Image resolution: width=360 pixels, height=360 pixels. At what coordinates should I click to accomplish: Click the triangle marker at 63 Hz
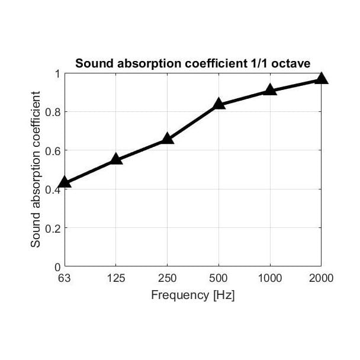(65, 182)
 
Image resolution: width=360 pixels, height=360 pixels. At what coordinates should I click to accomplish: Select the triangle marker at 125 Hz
(116, 159)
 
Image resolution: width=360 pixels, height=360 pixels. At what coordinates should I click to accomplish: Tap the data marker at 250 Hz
(168, 139)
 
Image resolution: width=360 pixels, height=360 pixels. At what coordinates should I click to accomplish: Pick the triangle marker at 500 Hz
(218, 104)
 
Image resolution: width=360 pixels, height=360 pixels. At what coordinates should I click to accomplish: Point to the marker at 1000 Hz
(270, 90)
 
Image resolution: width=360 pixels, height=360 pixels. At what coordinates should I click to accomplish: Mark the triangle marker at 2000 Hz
(321, 79)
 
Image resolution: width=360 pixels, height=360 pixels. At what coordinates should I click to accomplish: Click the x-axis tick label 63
(65, 278)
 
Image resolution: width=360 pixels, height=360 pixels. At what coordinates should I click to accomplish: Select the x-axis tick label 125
(116, 278)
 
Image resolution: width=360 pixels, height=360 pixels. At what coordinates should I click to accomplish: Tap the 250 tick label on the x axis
(168, 278)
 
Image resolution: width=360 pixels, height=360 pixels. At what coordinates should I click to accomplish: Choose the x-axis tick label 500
(218, 278)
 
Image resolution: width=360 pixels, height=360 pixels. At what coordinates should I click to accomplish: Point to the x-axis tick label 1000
(270, 278)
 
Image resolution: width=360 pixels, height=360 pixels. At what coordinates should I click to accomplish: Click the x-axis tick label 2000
(321, 278)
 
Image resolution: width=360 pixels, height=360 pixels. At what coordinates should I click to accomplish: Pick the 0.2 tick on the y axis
(53, 228)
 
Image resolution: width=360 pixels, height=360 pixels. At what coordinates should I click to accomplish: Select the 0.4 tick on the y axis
(53, 189)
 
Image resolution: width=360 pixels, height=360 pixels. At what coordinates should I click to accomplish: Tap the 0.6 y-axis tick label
(53, 151)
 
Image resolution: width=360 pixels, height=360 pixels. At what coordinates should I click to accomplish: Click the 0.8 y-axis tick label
(53, 112)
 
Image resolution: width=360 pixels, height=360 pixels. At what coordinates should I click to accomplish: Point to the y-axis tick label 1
(57, 73)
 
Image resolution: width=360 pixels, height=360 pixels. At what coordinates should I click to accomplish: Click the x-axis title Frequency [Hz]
(193, 295)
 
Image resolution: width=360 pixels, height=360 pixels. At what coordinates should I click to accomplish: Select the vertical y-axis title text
(36, 169)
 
